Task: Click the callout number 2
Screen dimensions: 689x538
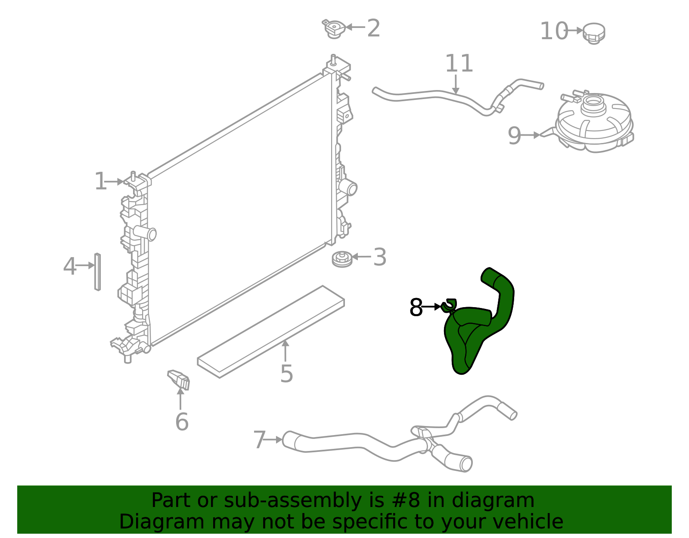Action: (373, 28)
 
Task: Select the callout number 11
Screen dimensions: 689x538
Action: (459, 64)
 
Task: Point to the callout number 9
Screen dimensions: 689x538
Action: (514, 136)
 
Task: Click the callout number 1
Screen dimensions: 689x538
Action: (100, 181)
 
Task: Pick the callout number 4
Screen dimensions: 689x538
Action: (69, 266)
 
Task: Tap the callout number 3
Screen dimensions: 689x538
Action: (379, 257)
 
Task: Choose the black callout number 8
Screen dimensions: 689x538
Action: (416, 308)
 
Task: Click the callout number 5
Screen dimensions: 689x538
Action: (286, 373)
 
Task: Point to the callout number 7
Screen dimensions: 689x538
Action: (259, 440)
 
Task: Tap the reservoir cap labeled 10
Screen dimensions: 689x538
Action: (594, 33)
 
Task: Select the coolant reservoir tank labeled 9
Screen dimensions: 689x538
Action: (594, 125)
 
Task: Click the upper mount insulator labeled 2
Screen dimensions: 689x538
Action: (334, 29)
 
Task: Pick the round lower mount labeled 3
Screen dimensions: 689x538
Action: (342, 259)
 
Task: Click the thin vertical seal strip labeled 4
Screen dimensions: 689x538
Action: (98, 272)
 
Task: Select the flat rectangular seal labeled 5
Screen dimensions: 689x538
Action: (271, 332)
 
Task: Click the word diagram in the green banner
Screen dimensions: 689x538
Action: (505, 501)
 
